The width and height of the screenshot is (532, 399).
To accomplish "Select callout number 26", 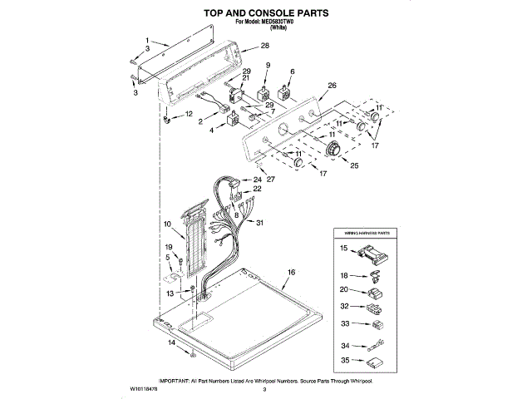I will point(332,85).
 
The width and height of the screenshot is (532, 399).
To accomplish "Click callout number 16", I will point(291,272).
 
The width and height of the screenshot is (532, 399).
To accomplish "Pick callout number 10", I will point(167,224).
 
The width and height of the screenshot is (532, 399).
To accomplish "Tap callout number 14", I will point(173,342).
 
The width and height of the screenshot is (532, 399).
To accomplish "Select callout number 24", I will point(258,180).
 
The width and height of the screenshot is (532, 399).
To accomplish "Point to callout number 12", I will point(189,113).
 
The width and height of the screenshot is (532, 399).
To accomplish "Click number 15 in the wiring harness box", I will point(343,249).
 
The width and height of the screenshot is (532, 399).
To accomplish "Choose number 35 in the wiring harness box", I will point(343,361).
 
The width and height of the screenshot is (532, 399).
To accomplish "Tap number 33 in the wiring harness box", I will point(343,324).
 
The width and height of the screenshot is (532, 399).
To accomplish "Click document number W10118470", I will point(145,388).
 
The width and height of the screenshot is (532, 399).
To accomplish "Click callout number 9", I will point(268,65).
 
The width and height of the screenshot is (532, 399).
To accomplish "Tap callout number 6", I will point(293,72).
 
